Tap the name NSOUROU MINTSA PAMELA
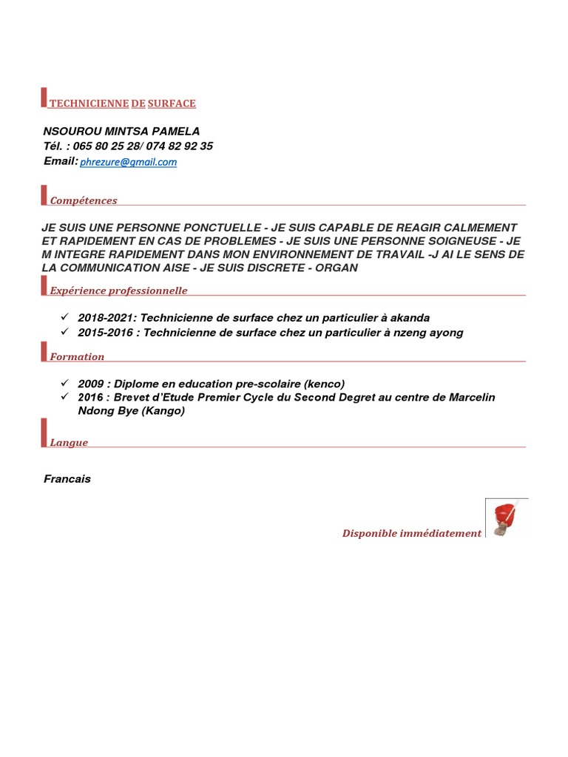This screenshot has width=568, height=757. pos(121,131)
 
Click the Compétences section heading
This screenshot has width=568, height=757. pos(84,200)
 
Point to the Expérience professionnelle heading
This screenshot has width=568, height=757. pos(118,291)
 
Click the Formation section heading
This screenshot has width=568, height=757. pos(77,356)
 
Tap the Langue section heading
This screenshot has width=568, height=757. pos(69,443)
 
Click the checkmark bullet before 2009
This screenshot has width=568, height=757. pos(65,383)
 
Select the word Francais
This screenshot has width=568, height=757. pos(67,479)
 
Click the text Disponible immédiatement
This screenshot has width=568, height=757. pos(411,533)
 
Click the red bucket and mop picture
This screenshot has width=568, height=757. pos(507,517)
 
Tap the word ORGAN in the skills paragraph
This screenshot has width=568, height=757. pos(337,268)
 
